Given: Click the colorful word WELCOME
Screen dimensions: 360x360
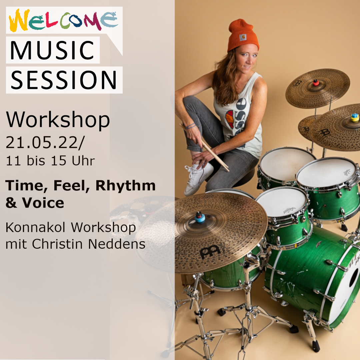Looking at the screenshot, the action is pyautogui.click(x=63, y=21).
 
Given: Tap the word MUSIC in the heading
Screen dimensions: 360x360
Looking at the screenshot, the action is pyautogui.click(x=52, y=50).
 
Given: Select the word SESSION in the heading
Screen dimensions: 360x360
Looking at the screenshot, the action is pyautogui.click(x=64, y=80).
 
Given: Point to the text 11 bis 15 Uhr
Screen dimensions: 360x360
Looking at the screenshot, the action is pyautogui.click(x=50, y=161).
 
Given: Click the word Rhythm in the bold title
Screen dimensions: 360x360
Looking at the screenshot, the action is pyautogui.click(x=126, y=185).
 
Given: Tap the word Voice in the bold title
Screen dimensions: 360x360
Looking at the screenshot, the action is pyautogui.click(x=43, y=203).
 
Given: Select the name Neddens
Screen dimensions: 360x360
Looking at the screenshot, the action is pyautogui.click(x=117, y=244).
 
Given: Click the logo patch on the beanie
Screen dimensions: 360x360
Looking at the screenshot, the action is pyautogui.click(x=243, y=37).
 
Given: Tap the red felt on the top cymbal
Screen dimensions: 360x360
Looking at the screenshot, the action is pyautogui.click(x=316, y=82).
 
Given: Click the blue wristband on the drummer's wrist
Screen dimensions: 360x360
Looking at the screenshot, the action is pyautogui.click(x=191, y=126).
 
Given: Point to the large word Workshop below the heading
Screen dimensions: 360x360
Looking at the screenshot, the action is pyautogui.click(x=58, y=120).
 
